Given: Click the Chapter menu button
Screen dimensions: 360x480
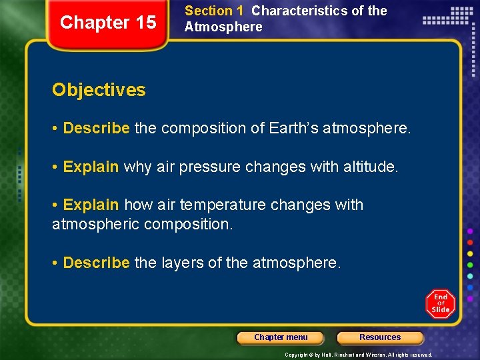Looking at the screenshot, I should [281, 337].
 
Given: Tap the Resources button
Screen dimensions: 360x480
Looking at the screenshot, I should [380, 337].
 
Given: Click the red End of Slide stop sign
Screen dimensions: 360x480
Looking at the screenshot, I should [440, 303].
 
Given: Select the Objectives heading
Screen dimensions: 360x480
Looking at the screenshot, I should [99, 90].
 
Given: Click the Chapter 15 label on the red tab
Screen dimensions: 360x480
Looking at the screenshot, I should [108, 23].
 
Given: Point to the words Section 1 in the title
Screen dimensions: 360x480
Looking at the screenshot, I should [214, 11].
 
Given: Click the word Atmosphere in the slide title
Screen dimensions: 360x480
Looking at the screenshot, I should [223, 27].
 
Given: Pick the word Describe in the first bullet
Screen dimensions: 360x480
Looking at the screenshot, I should [96, 128].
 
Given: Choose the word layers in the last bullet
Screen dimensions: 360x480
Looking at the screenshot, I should [183, 263].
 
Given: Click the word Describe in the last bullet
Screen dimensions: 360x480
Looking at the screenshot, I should [96, 263].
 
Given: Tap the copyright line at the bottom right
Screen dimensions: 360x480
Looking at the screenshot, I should [359, 355].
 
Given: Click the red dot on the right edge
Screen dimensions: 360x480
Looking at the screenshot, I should [470, 243].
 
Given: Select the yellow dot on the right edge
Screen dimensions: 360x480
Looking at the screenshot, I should [470, 254].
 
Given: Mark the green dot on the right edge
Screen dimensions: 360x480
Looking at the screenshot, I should [470, 265].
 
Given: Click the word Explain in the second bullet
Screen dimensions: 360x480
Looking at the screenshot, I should [91, 167].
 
